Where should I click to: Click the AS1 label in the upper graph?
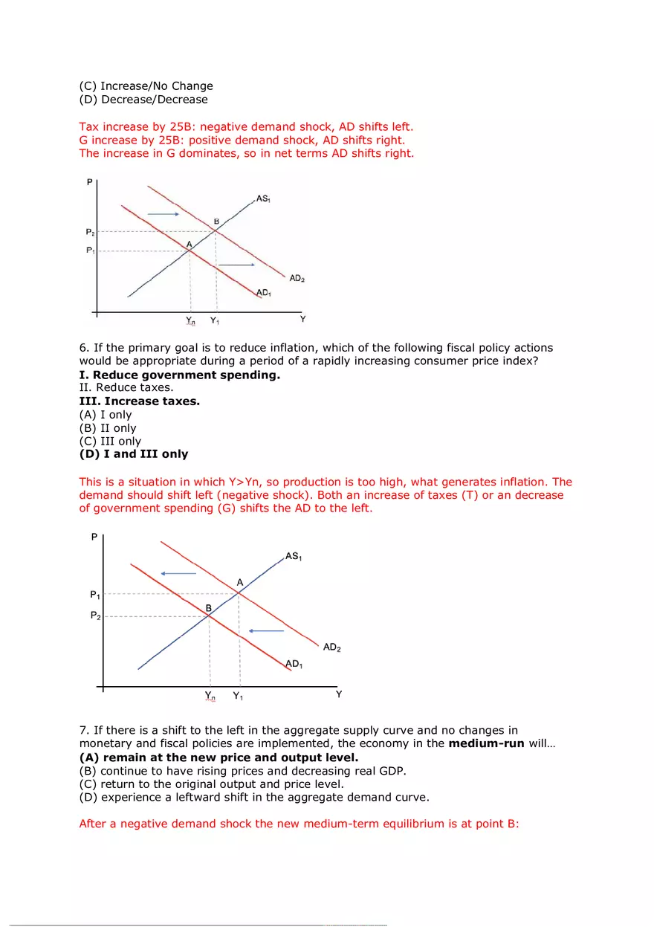click(263, 198)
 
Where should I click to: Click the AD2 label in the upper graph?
click(297, 279)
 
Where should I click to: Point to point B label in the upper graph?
click(216, 222)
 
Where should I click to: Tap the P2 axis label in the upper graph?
click(90, 232)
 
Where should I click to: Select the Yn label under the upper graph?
click(191, 321)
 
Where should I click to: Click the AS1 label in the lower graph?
click(294, 556)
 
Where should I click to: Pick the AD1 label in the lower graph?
click(294, 664)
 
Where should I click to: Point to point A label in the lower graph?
click(239, 583)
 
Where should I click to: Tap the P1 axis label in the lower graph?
click(95, 595)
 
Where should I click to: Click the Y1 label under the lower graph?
click(238, 696)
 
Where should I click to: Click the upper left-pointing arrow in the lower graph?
click(179, 573)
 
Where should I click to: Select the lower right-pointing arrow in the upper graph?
click(236, 265)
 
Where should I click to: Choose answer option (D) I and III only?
click(134, 454)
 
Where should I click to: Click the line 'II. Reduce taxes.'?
click(126, 388)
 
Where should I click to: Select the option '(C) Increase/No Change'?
click(146, 86)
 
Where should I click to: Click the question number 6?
click(83, 348)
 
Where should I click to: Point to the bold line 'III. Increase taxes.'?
click(140, 401)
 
